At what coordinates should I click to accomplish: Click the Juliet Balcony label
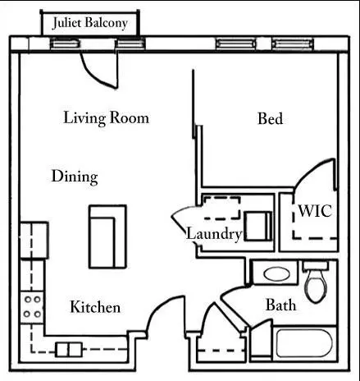[x=90, y=23]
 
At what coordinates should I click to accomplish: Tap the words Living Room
[x=107, y=118]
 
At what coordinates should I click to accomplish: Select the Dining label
[x=75, y=177]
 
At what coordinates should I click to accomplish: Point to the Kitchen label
[x=95, y=307]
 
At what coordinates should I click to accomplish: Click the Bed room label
[x=271, y=118]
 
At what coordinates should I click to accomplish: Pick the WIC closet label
[x=315, y=211]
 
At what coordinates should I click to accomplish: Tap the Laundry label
[x=214, y=234]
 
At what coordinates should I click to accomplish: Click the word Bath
[x=280, y=305]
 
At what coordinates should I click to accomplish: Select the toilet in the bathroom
[x=316, y=282]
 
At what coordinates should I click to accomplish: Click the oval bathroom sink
[x=276, y=274]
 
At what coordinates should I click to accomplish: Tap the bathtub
[x=304, y=343]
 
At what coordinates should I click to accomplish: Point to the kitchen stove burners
[x=32, y=307]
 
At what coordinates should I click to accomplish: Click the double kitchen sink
[x=69, y=350]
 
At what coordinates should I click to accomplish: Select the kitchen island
[x=107, y=236]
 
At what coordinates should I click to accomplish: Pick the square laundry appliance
[x=258, y=226]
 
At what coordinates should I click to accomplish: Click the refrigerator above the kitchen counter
[x=34, y=241]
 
